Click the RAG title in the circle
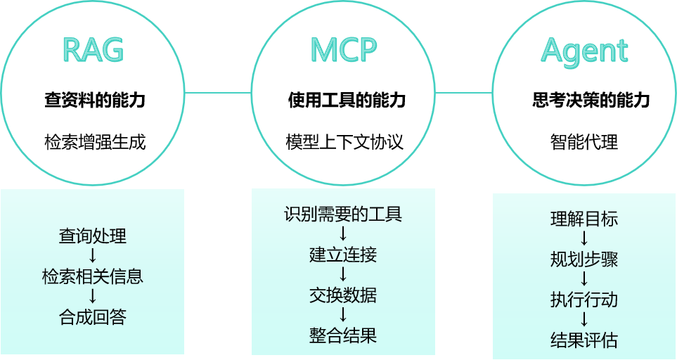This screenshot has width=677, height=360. [93, 50]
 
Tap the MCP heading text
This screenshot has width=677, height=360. [344, 50]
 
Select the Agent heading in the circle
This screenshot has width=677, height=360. [584, 51]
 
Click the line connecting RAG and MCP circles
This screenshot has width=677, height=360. [218, 92]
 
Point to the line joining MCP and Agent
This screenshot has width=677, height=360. [464, 92]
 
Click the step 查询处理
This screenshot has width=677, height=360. [93, 236]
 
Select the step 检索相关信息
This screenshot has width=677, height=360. [93, 276]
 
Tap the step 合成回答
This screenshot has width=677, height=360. [93, 317]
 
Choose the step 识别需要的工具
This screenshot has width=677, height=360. [343, 214]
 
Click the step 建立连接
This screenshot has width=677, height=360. [343, 254]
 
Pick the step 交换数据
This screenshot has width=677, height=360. [343, 295]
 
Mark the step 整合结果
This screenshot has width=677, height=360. [343, 335]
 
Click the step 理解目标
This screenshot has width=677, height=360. [584, 219]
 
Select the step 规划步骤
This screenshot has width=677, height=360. [584, 259]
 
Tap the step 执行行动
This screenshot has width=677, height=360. [584, 300]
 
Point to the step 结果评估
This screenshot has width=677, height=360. [584, 341]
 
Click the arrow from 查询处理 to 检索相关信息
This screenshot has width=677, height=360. [93, 256]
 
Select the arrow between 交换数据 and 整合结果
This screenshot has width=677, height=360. [343, 315]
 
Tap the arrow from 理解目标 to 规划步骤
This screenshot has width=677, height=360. [584, 239]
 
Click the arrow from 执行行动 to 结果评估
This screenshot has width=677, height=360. [584, 321]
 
